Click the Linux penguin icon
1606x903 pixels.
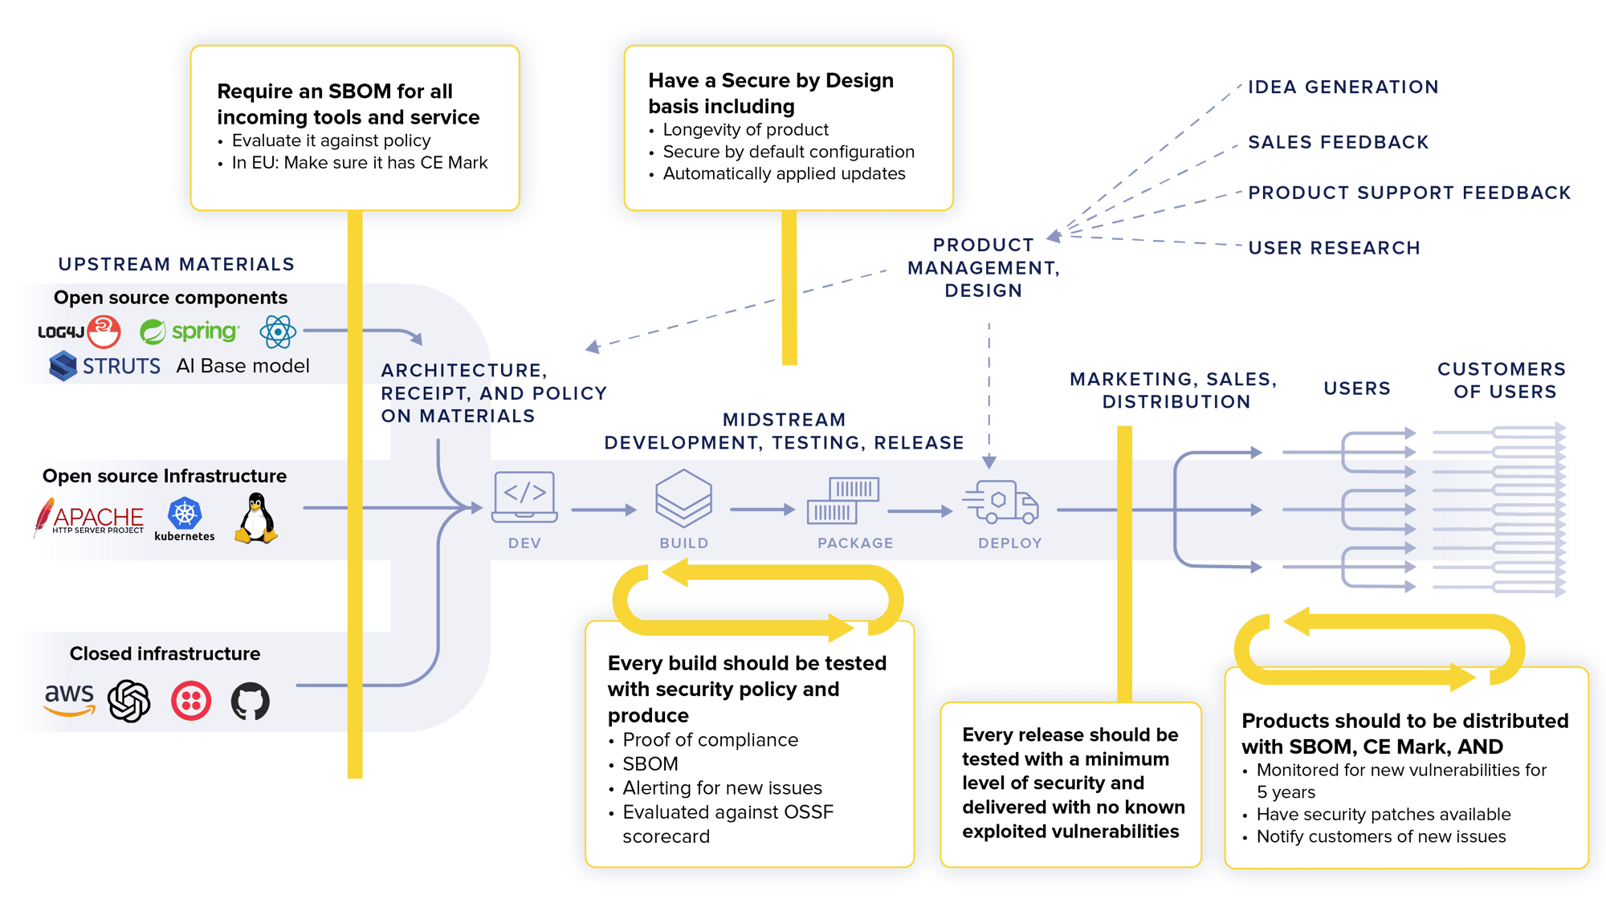256,519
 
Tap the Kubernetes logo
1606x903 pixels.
185,519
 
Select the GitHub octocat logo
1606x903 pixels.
251,701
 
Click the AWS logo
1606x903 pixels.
70,698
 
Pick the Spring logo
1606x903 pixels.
190,332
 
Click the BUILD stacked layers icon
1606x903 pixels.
683,498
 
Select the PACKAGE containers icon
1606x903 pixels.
854,501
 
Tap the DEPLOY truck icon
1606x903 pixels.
1002,501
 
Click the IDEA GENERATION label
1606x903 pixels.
1343,87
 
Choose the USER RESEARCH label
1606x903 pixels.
1334,248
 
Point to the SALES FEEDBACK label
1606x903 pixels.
1338,142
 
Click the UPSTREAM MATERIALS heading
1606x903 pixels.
176,264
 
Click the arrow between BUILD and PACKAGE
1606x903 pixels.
761,510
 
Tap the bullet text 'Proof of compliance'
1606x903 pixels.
710,740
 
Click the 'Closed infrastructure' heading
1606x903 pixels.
165,653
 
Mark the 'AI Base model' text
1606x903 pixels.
243,366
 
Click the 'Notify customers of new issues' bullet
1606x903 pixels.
1380,836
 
